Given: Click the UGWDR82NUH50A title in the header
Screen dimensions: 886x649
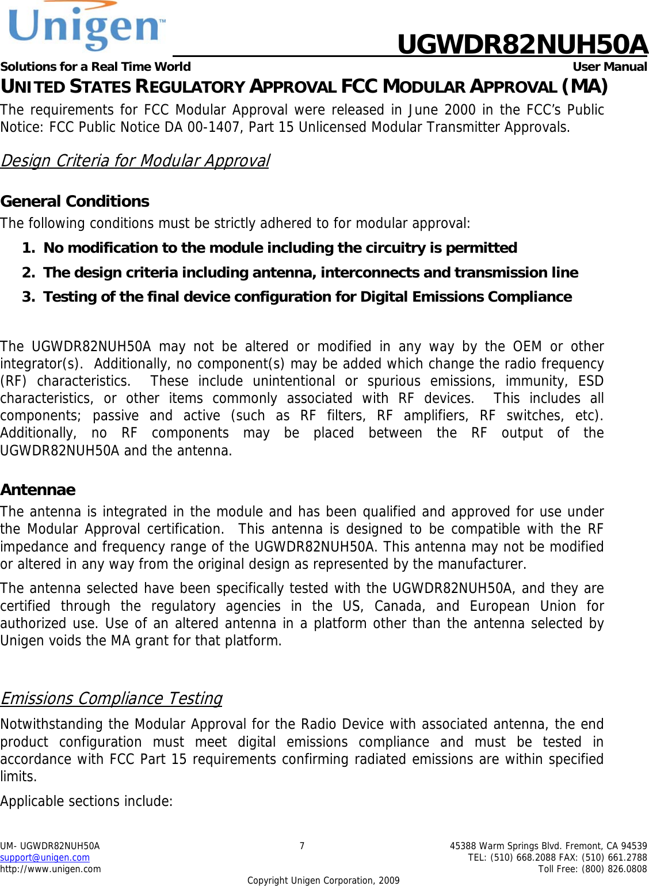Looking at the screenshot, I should pyautogui.click(x=522, y=45).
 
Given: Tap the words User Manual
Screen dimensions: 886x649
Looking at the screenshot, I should pyautogui.click(x=609, y=67).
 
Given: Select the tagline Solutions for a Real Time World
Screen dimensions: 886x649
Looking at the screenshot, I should pyautogui.click(x=96, y=67).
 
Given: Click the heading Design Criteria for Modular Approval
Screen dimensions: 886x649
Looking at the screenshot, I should pyautogui.click(x=135, y=161).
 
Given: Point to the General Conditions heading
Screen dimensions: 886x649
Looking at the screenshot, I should pyautogui.click(x=75, y=201).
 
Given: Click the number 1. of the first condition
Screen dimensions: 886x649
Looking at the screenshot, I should pyautogui.click(x=28, y=248).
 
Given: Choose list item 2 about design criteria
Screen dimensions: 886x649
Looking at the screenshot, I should pyautogui.click(x=311, y=273).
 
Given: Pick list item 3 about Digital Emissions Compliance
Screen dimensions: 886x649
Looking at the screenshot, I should pyautogui.click(x=307, y=297).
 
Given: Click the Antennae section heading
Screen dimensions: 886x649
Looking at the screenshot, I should pyautogui.click(x=38, y=490).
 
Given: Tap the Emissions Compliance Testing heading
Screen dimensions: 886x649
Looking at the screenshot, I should pyautogui.click(x=111, y=698).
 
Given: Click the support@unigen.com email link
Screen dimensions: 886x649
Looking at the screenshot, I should pyautogui.click(x=45, y=858).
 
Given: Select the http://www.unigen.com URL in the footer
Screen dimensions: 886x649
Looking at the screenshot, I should pyautogui.click(x=51, y=869).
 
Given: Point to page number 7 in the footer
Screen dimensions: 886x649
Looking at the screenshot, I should pyautogui.click(x=302, y=846).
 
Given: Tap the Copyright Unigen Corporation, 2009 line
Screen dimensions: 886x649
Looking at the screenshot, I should pyautogui.click(x=323, y=881).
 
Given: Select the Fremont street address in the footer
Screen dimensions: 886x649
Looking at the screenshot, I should pyautogui.click(x=548, y=846).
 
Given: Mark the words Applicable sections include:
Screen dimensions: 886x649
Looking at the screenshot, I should pyautogui.click(x=86, y=801).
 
